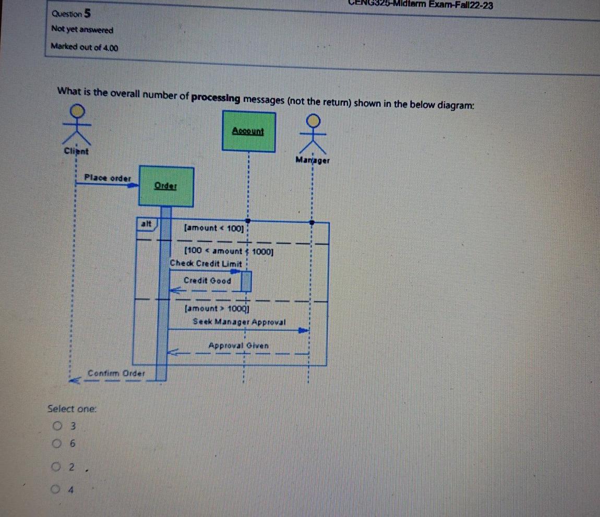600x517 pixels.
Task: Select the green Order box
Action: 166,186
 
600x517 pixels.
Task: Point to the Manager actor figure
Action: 313,134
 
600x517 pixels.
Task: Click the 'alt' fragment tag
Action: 147,223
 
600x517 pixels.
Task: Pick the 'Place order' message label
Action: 108,178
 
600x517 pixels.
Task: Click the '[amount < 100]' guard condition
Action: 213,227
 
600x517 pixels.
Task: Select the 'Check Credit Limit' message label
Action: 206,264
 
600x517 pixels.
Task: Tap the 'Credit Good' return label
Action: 207,281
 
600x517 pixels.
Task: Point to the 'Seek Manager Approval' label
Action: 239,322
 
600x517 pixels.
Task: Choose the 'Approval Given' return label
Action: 238,345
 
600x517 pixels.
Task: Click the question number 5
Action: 89,12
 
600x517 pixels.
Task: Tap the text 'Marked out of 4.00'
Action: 85,47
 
